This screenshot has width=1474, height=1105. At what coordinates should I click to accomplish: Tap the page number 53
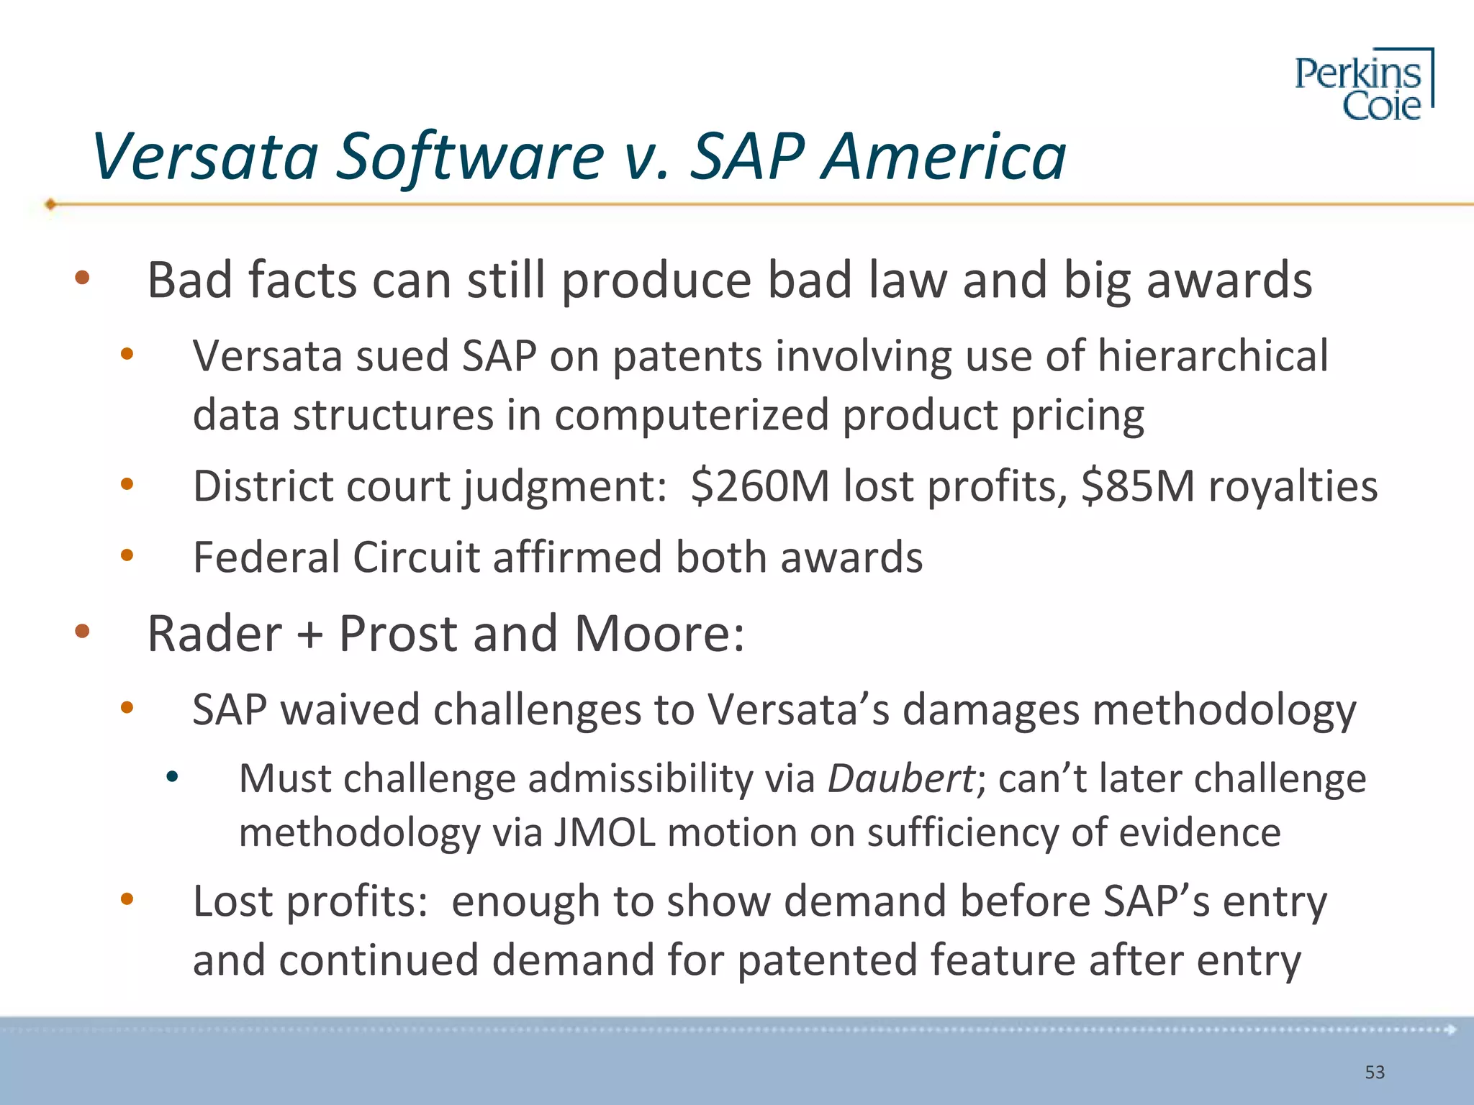1375,1073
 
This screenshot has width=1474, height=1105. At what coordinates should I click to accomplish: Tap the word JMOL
604,833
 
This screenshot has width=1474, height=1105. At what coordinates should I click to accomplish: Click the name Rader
214,634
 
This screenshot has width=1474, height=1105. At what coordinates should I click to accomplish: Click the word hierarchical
1212,355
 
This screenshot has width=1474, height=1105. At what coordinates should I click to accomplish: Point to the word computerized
692,415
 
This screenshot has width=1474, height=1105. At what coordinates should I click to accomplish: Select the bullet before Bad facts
82,278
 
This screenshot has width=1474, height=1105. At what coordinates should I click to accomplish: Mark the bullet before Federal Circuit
127,555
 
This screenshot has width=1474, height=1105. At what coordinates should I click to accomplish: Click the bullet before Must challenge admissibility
171,776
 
